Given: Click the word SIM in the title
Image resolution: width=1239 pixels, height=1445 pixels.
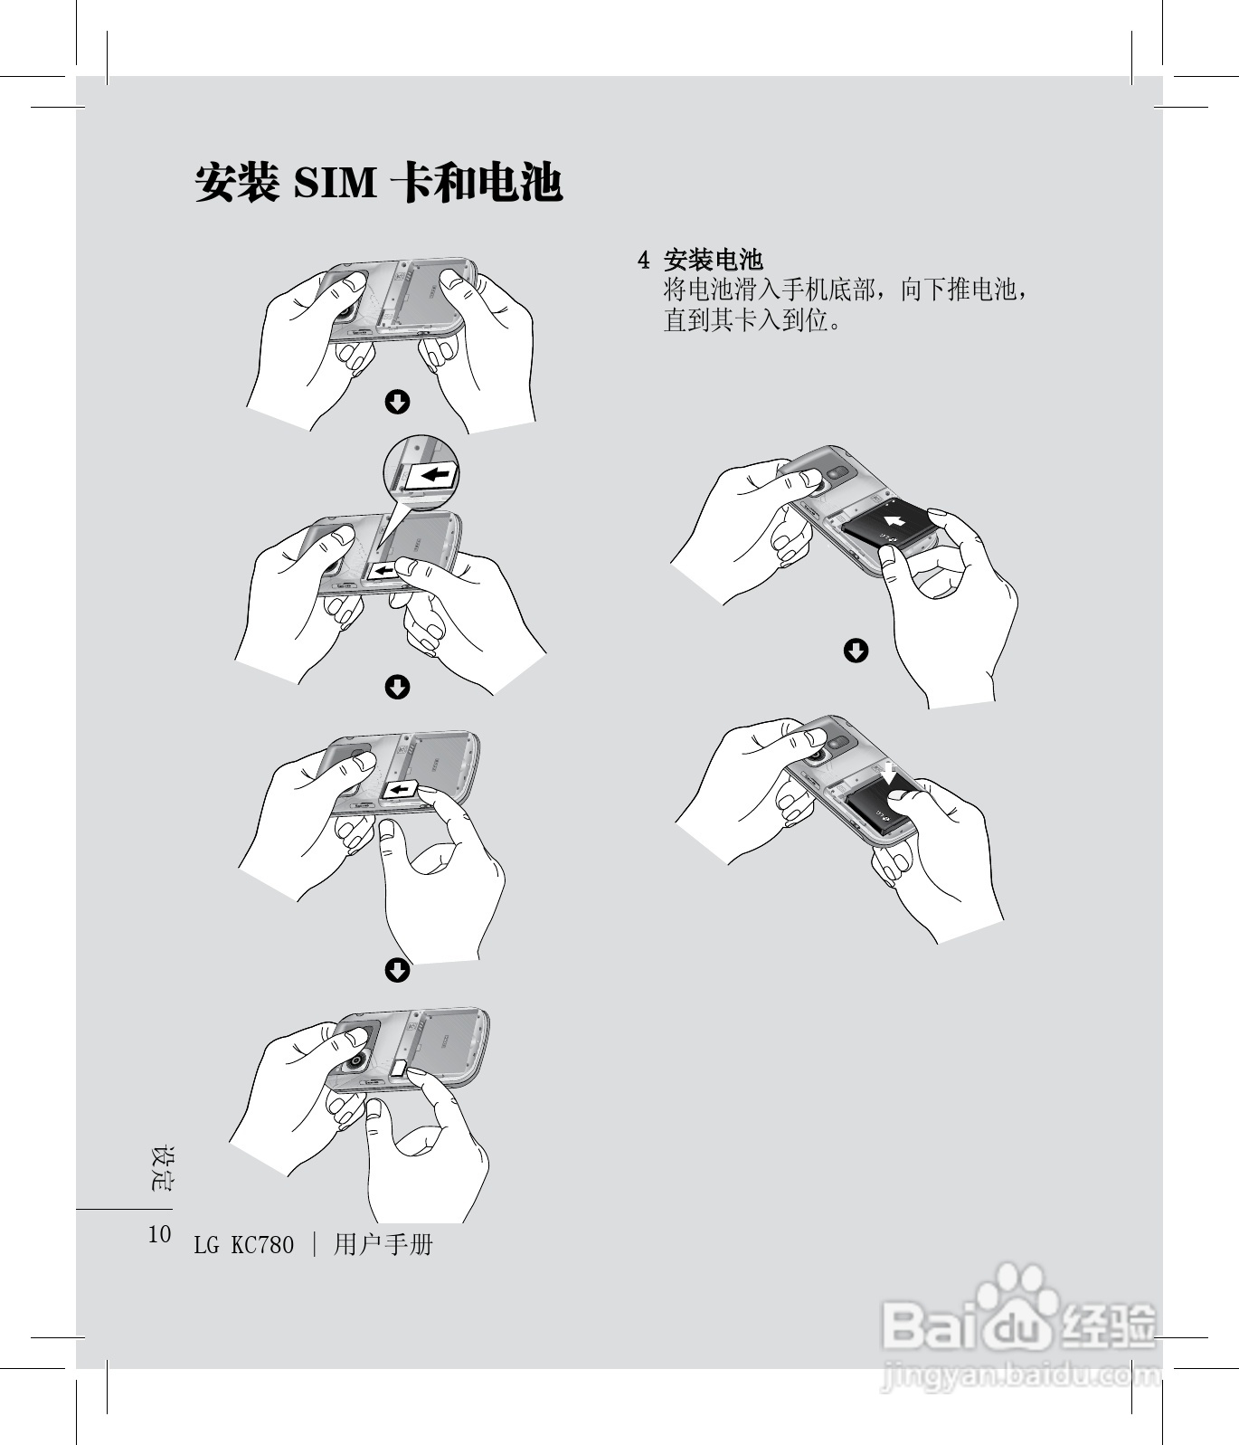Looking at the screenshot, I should coord(335,184).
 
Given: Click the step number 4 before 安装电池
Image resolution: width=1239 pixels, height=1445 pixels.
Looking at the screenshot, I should coord(643,261).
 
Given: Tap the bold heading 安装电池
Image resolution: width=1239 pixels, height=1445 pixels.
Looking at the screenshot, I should coord(714,261).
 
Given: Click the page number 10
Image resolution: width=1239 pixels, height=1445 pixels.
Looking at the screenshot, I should coord(159,1234).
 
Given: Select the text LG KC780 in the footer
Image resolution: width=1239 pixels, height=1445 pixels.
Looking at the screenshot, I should coord(243,1246).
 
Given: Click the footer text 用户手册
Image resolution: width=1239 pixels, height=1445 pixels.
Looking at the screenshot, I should coord(383,1245).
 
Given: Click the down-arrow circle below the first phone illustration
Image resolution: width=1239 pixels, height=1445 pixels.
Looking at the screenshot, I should coord(397,402).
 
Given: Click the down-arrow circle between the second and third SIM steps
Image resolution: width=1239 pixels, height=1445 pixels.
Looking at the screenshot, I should coord(397,687).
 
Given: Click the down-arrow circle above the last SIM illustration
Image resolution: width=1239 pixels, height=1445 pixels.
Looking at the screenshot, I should coord(397,971).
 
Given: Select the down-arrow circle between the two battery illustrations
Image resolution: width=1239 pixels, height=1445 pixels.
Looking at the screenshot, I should coord(856,651).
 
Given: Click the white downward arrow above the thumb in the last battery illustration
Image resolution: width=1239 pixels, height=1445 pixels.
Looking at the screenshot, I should coord(891,774).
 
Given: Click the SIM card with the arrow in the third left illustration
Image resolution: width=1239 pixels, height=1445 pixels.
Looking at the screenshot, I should coord(399,792).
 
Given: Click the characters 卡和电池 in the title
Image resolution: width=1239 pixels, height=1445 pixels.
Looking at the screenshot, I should coord(476,184).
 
